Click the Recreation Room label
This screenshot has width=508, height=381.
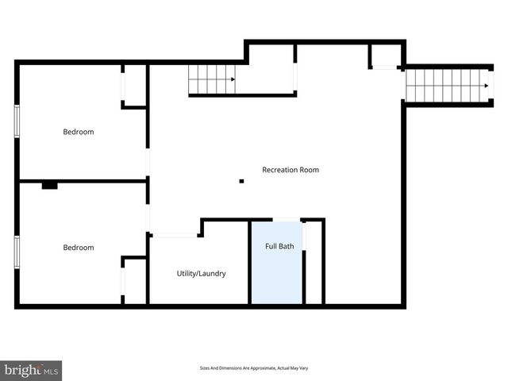point(291,170)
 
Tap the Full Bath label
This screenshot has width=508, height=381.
point(279,246)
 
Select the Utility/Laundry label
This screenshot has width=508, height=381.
point(201,274)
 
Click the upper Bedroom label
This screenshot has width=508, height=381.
point(79,132)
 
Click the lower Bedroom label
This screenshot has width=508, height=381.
point(79,248)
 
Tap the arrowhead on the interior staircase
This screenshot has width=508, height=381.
point(232,79)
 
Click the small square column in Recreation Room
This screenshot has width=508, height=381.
point(242,182)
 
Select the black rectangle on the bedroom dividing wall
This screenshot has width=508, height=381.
point(50,186)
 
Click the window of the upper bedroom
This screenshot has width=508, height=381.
point(17,123)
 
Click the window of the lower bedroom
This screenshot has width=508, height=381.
point(17,252)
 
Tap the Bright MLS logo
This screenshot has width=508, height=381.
point(30,370)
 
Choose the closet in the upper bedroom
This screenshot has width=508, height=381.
point(135,86)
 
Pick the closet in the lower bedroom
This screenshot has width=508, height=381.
point(135,279)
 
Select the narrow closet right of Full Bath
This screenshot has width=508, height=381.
point(314,262)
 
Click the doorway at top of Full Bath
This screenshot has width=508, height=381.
point(286,220)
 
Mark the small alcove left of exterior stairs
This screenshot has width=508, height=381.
point(385,56)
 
